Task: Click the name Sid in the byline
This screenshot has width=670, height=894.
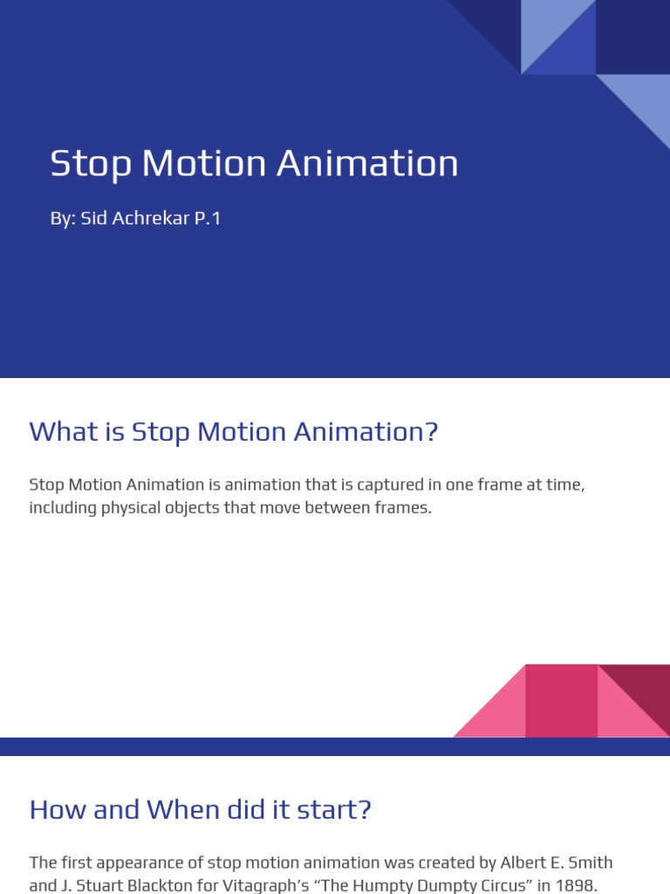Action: [93, 218]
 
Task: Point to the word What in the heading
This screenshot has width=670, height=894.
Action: [63, 431]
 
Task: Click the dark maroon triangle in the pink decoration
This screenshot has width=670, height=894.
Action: [646, 685]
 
